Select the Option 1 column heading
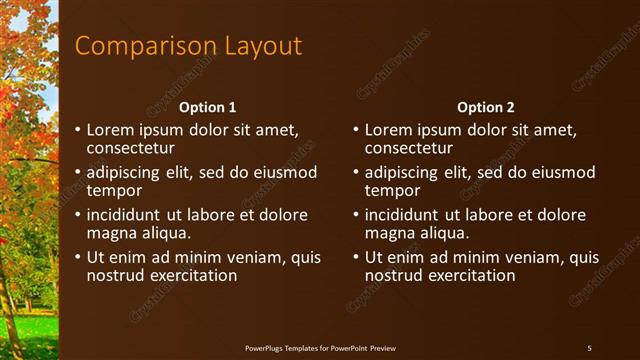[208, 107]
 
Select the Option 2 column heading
[486, 107]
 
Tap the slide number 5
[589, 347]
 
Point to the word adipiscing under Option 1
[125, 172]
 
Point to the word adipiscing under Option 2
[403, 172]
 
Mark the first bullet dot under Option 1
[78, 130]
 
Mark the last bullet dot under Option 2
[356, 258]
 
